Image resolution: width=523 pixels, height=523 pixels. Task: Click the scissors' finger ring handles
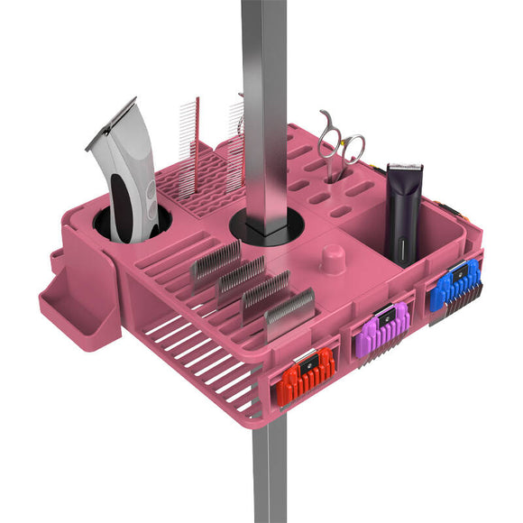(x=343, y=140)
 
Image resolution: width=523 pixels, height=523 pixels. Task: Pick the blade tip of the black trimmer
(x=405, y=168)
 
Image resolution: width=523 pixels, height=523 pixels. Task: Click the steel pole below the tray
(x=270, y=469)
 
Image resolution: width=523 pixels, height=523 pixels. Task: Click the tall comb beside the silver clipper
(x=188, y=149)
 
